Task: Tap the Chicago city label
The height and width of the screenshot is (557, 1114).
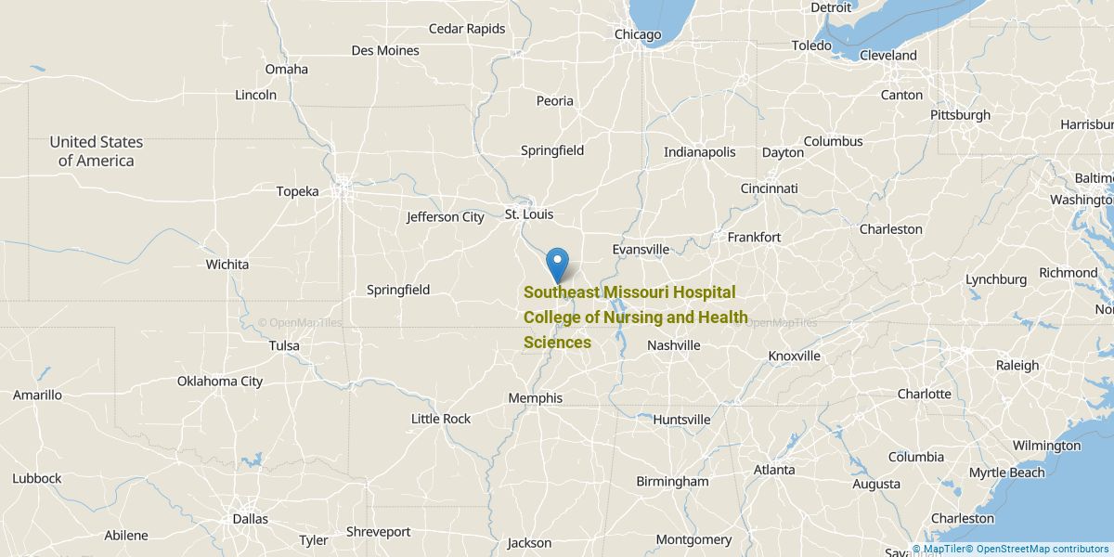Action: point(638,35)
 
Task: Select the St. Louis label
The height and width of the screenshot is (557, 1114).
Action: point(529,214)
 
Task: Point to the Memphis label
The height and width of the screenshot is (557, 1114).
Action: point(535,398)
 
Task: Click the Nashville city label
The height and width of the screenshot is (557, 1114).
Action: point(673,345)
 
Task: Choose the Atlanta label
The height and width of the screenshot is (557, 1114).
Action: point(774,470)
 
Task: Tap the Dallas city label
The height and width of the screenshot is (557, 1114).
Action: point(250,519)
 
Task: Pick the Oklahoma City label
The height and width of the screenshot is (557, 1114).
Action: point(220,381)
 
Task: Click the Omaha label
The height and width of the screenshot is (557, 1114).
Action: point(286,69)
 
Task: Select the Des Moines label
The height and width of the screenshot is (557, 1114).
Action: point(385,50)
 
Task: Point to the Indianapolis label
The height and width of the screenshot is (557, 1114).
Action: point(699,152)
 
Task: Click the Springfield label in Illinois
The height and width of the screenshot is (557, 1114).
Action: point(552,150)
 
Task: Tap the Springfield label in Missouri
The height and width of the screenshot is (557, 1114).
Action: point(398,290)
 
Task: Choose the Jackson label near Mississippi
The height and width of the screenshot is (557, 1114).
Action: point(529,543)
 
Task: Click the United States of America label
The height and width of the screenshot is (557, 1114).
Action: point(97,151)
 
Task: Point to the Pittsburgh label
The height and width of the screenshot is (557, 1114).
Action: point(960,115)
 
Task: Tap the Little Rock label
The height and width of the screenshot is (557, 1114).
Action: point(441,419)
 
